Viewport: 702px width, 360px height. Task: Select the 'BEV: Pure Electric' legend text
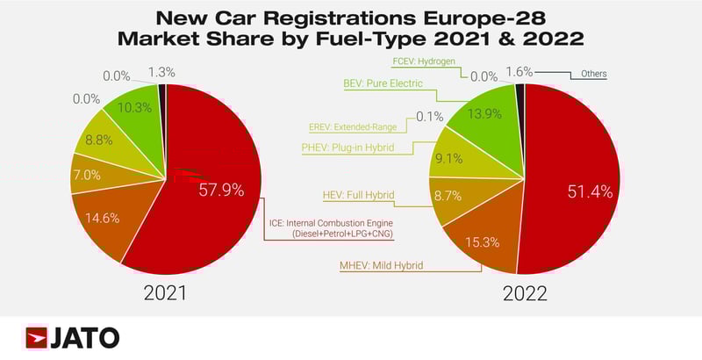pos(383,83)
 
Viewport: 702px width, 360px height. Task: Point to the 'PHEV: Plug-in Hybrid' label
pos(359,148)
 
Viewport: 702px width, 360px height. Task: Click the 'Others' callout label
pos(592,74)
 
